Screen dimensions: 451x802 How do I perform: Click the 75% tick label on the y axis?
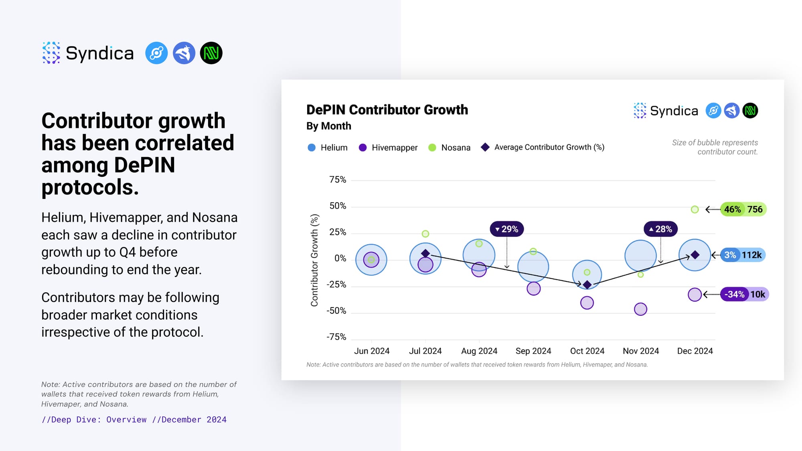click(x=337, y=180)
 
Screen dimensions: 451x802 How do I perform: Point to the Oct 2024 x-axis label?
click(x=587, y=351)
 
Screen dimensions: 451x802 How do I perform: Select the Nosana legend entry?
click(x=450, y=148)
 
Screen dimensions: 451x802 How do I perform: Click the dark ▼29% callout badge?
click(x=507, y=229)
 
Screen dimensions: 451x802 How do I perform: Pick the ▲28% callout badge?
click(x=660, y=229)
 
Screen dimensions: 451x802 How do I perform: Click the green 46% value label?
click(x=732, y=209)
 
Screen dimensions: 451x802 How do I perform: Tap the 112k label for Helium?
click(x=751, y=255)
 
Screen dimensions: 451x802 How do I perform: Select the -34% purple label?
click(x=734, y=294)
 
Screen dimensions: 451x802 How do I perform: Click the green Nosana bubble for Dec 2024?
click(x=695, y=209)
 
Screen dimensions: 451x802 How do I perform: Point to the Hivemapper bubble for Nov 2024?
click(x=640, y=309)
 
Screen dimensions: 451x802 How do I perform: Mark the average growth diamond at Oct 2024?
click(x=587, y=285)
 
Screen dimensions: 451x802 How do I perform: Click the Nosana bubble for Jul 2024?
click(x=425, y=234)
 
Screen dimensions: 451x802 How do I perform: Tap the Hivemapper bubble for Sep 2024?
click(x=533, y=288)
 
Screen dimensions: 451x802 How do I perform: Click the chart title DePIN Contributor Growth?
click(x=387, y=110)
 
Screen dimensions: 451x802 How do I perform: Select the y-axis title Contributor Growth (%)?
click(x=314, y=260)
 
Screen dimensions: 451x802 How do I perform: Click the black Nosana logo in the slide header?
click(x=211, y=53)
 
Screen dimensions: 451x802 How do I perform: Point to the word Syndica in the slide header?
click(x=99, y=53)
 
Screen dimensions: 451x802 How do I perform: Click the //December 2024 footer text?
click(x=189, y=419)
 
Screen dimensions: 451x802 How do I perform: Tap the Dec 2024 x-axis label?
click(x=695, y=351)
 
